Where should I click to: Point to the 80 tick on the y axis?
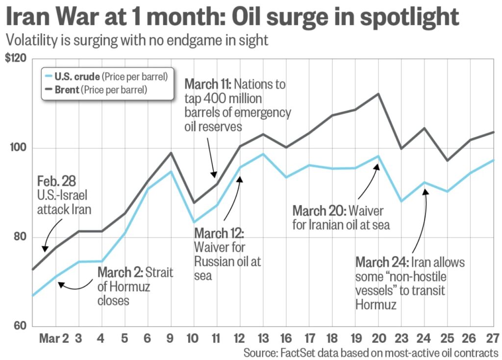[x=22, y=237]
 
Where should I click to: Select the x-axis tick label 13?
[x=263, y=339]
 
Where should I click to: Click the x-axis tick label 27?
[x=493, y=339]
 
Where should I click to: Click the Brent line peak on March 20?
[x=378, y=94]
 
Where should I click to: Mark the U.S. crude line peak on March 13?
[x=263, y=154]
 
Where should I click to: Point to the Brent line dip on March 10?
[x=194, y=203]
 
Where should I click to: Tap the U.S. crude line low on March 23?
[x=401, y=201]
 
